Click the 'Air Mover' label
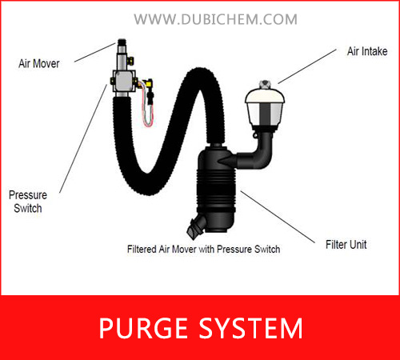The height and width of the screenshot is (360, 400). (39, 64)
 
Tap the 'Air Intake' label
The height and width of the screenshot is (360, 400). (367, 51)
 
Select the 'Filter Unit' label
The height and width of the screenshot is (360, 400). (346, 245)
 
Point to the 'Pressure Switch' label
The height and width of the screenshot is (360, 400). (28, 202)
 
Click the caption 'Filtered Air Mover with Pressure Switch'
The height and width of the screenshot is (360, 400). (204, 249)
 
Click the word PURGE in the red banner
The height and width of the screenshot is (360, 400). (143, 328)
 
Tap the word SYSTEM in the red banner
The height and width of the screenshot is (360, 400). (251, 328)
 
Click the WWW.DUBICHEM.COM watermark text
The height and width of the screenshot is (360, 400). (215, 19)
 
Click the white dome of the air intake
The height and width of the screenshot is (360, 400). (265, 96)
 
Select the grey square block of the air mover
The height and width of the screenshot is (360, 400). (124, 82)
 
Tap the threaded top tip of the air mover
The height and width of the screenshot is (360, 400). (122, 42)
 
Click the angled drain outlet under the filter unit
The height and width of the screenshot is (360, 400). (196, 226)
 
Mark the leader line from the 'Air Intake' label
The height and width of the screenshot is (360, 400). (307, 66)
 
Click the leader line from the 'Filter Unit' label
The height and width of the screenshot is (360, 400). (278, 217)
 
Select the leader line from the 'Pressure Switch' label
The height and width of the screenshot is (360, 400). (83, 138)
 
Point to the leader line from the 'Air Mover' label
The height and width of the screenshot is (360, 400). (95, 53)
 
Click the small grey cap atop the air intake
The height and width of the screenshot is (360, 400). (265, 85)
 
